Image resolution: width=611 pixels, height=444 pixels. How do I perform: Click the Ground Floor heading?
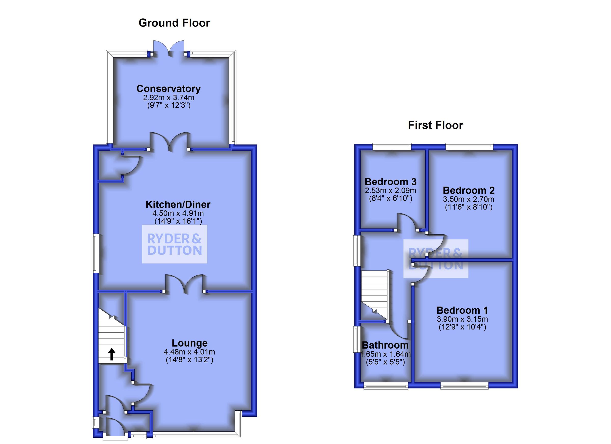click(x=174, y=23)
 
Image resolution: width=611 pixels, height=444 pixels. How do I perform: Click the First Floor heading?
click(x=435, y=125)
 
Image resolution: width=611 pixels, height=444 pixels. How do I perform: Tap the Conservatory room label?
click(x=168, y=89)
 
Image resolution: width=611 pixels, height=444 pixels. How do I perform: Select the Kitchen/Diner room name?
click(x=178, y=204)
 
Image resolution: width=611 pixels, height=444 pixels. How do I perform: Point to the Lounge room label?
click(x=189, y=343)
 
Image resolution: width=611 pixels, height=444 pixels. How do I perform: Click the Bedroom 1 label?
click(x=462, y=310)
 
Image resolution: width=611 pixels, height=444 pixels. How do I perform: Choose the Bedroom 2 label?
click(x=468, y=190)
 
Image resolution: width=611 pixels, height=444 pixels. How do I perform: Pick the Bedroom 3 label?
click(x=390, y=181)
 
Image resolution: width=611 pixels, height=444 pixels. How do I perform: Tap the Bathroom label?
click(x=385, y=345)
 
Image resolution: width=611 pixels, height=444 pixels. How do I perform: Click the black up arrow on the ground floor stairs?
click(x=112, y=354)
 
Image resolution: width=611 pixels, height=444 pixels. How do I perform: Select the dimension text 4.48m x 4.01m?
click(x=189, y=352)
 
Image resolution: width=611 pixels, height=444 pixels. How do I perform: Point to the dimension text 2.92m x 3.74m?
click(x=168, y=97)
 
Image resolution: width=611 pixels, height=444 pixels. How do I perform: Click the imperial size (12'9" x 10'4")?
click(x=462, y=327)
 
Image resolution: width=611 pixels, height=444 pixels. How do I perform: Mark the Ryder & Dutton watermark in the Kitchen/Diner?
click(x=175, y=244)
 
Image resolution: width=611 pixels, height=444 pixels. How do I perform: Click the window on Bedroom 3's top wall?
click(x=392, y=147)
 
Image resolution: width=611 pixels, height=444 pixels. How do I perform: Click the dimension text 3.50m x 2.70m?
click(x=468, y=199)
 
